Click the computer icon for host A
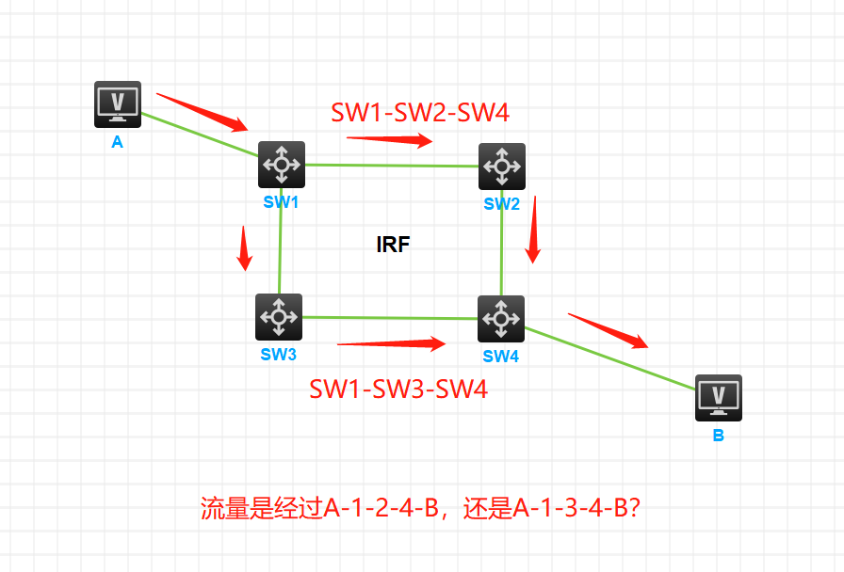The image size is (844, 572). coord(118,103)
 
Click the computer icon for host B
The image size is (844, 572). coord(719,397)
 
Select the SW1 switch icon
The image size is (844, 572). coord(282,165)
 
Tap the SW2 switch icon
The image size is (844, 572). coord(501,167)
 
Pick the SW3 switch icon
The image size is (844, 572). coord(279,317)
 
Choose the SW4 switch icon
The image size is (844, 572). coord(500,319)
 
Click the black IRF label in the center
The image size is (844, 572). coord(393,246)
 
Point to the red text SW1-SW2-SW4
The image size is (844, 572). coord(420,113)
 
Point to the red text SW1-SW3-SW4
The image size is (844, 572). coord(398,389)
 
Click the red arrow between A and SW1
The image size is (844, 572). coord(202,112)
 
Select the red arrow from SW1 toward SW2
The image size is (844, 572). coord(390,140)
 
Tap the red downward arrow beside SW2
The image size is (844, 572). coord(533,230)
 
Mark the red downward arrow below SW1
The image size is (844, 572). coord(246,247)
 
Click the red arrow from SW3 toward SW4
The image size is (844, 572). coord(391,343)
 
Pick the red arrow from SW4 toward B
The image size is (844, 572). coord(609,329)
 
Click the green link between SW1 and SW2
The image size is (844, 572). coord(391,166)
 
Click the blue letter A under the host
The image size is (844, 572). coord(118,143)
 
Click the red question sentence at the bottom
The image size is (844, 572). coord(421,509)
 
